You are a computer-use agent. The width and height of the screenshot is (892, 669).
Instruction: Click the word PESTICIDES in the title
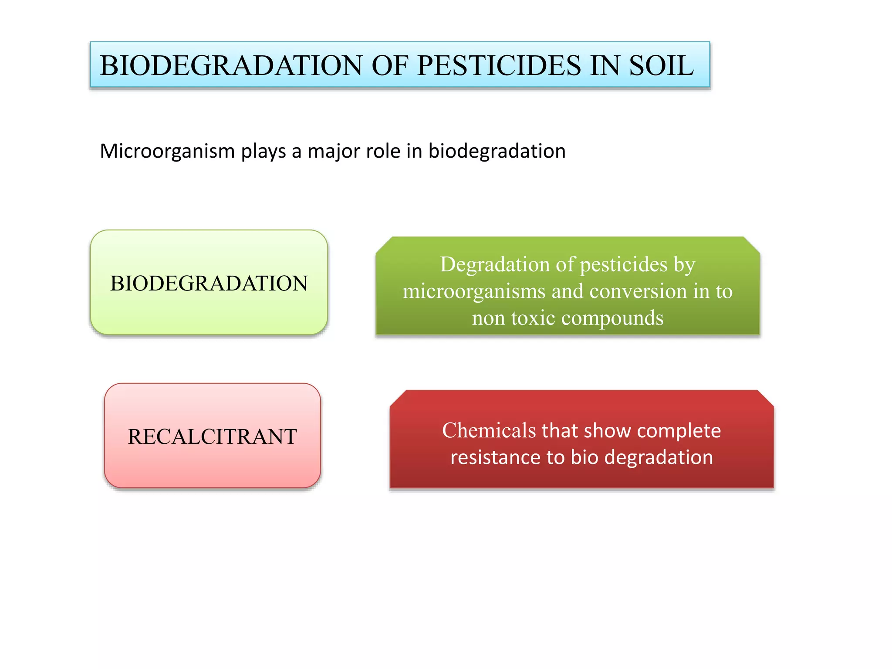[499, 66]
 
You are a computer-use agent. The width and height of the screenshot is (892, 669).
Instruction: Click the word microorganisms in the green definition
[474, 291]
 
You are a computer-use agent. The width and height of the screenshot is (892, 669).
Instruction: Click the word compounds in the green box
[612, 318]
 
